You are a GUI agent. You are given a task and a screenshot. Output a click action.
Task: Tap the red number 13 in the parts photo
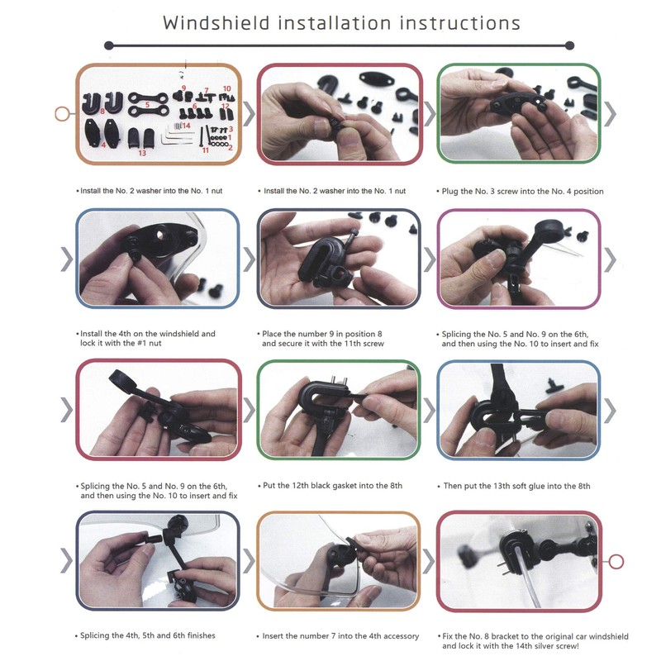click(x=142, y=153)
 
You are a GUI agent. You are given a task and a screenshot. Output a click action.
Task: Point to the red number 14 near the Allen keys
click(x=187, y=125)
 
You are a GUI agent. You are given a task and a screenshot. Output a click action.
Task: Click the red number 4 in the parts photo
click(x=103, y=145)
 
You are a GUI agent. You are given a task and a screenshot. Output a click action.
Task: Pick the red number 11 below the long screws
click(x=206, y=150)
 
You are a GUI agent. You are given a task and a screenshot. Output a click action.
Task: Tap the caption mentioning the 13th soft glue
click(x=516, y=486)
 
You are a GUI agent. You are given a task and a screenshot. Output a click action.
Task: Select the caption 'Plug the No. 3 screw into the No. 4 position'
click(x=521, y=191)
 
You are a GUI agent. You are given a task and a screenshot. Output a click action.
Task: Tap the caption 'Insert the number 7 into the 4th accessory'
click(x=340, y=636)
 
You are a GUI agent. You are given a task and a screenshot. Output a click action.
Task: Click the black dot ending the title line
click(x=569, y=45)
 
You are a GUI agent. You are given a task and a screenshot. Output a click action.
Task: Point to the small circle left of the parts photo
click(x=59, y=114)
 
